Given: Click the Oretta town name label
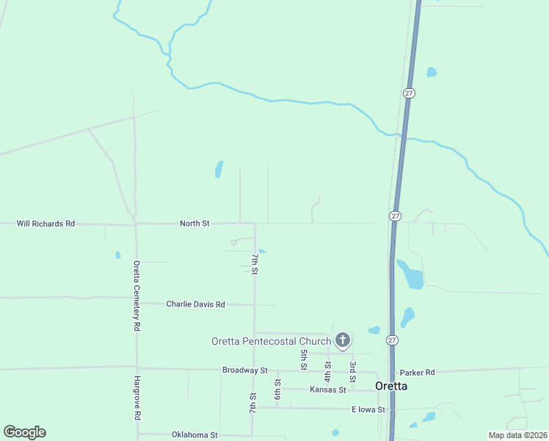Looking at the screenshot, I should [x=391, y=386].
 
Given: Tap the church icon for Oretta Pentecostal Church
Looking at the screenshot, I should [x=342, y=340].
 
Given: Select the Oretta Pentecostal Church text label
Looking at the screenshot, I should [x=271, y=341].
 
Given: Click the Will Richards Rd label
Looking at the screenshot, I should [x=46, y=223].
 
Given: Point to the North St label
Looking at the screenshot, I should [x=194, y=223].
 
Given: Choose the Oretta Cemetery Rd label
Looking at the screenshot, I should [x=137, y=295].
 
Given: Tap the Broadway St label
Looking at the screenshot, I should [x=245, y=370].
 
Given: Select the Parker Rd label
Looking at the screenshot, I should [x=417, y=373].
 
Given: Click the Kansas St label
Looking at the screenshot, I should [x=327, y=390].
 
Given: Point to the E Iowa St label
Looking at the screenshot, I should [x=368, y=409].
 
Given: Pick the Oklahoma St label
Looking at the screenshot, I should [x=194, y=435].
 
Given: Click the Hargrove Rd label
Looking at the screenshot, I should [x=137, y=398].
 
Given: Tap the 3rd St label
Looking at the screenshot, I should [x=352, y=365].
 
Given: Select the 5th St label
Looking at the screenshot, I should [x=303, y=359].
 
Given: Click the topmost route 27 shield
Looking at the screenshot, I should [x=409, y=93].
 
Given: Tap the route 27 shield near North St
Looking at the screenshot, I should [x=395, y=216].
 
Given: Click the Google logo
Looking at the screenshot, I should [x=24, y=432].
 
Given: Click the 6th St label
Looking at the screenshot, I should [x=277, y=390].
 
